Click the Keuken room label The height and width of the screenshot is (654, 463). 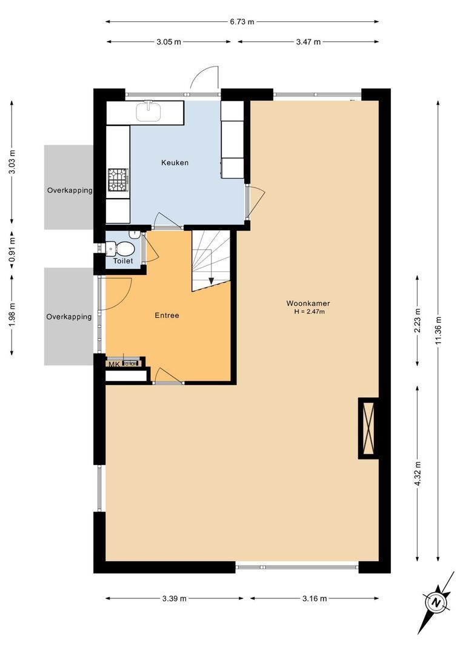pyautogui.click(x=175, y=163)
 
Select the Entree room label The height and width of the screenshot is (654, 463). pyautogui.click(x=167, y=315)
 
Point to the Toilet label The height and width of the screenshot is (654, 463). pyautogui.click(x=123, y=260)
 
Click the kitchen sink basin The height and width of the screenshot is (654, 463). pyautogui.click(x=148, y=111)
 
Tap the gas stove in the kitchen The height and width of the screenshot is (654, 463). pyautogui.click(x=119, y=180)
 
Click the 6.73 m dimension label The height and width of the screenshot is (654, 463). pyautogui.click(x=242, y=22)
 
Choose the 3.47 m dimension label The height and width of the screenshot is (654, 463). pyautogui.click(x=308, y=42)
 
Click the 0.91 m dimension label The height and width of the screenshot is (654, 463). pyautogui.click(x=12, y=249)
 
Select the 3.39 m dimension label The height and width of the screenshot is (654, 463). pyautogui.click(x=175, y=598)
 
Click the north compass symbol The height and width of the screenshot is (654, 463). pyautogui.click(x=437, y=603)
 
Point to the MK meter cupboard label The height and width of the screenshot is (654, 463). pyautogui.click(x=114, y=365)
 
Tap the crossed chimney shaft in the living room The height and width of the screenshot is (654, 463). pyautogui.click(x=368, y=428)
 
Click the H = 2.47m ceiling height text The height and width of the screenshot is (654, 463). pyautogui.click(x=310, y=312)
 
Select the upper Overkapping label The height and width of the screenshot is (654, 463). pyautogui.click(x=70, y=190)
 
